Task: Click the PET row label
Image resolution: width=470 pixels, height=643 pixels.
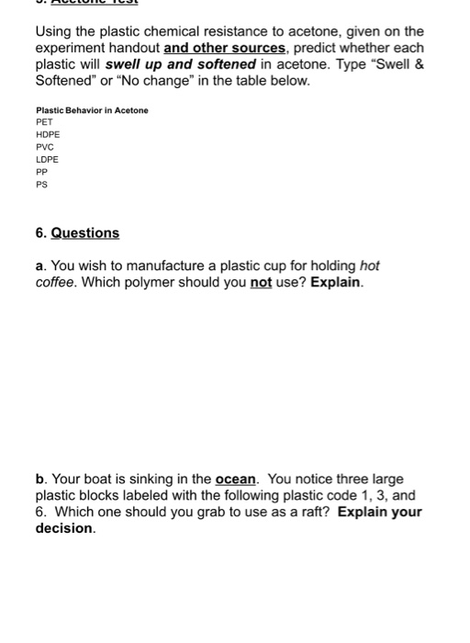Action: [x=43, y=121]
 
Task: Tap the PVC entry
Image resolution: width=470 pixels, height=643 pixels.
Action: [x=44, y=146]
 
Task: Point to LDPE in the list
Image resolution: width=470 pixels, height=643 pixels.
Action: [x=47, y=159]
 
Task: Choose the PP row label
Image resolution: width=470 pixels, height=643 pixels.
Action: [x=41, y=171]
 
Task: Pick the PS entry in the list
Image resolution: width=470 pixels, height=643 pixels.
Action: [x=41, y=184]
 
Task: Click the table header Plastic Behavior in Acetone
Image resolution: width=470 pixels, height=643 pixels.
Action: [x=92, y=109]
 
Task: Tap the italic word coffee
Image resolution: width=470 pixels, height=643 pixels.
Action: [x=57, y=282]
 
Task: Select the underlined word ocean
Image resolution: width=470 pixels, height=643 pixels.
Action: [x=238, y=479]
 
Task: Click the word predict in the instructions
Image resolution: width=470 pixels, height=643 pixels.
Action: [x=320, y=48]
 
